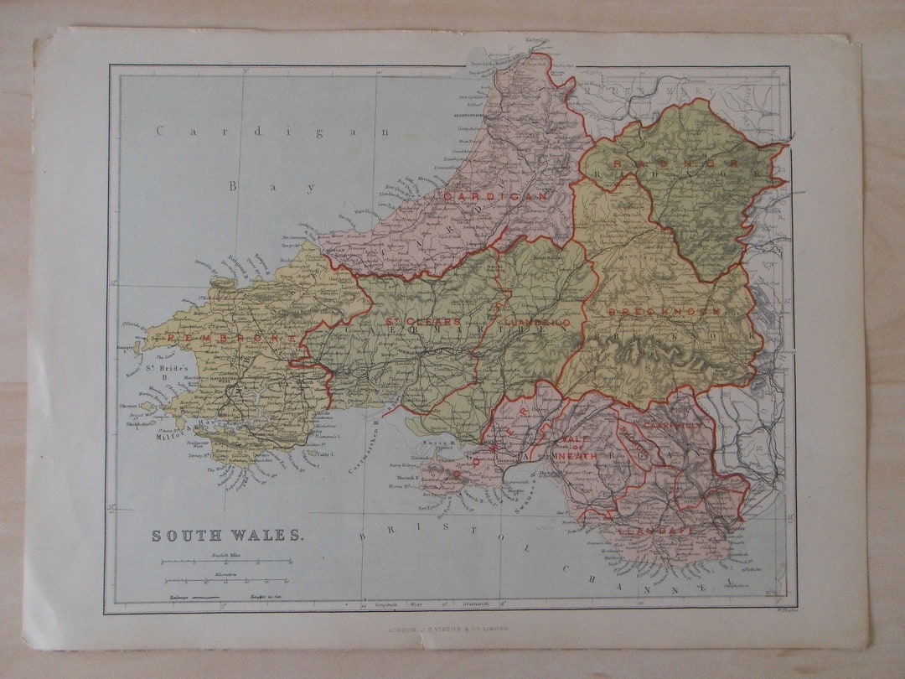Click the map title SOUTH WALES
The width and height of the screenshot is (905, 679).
click(227, 535)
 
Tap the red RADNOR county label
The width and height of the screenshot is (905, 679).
click(674, 163)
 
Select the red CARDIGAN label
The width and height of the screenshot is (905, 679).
click(495, 196)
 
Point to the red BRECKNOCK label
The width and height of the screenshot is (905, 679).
click(665, 312)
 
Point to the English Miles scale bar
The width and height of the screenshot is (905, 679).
click(226, 562)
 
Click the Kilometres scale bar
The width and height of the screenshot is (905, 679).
click(226, 580)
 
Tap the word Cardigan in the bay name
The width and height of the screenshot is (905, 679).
click(273, 131)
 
